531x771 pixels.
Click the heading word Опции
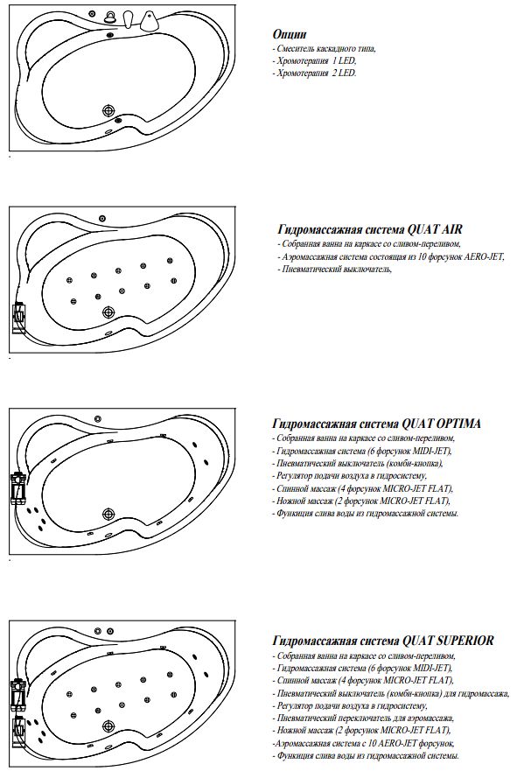290,33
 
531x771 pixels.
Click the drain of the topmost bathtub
109,111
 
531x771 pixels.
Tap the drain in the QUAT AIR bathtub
108,312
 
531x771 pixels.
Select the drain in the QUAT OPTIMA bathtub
108,515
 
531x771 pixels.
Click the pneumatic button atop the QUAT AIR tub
102,218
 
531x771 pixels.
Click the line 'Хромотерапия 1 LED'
316,61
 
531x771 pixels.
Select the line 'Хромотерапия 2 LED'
316,74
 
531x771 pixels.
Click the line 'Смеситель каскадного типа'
325,49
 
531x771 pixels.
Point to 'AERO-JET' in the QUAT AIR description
458,257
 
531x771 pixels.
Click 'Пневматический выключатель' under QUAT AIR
333,270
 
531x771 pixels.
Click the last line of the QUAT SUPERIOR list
367,755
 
